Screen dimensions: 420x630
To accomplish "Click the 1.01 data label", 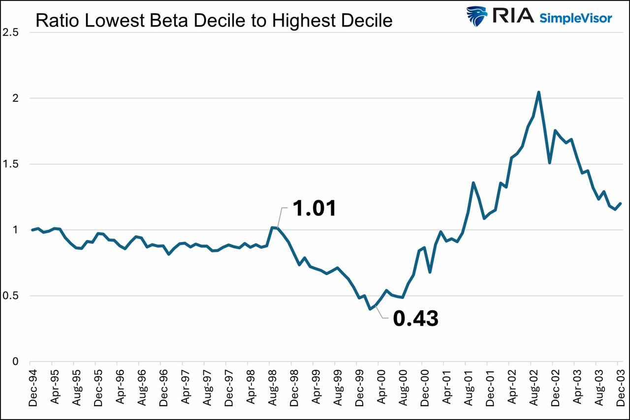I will tap(315, 209).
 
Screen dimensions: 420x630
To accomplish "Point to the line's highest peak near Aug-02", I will tap(539, 92).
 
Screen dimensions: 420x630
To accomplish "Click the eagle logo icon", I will tap(476, 16).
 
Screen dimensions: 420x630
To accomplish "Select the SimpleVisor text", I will tap(576, 18).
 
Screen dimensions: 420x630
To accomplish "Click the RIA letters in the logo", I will tap(513, 16).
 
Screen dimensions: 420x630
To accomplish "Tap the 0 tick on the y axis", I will tap(16, 362).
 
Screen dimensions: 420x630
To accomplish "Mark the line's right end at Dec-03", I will tap(621, 204).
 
